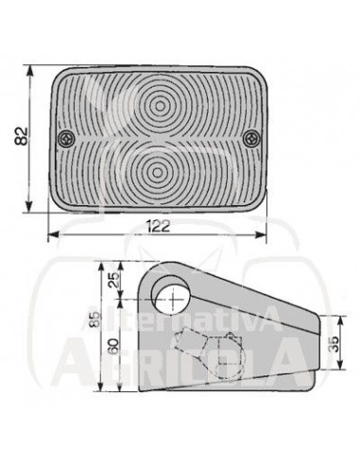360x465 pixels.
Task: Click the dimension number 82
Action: tap(22, 136)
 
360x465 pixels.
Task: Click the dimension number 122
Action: tap(159, 226)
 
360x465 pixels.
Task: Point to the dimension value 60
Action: tap(113, 346)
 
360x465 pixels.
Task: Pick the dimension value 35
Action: tap(334, 344)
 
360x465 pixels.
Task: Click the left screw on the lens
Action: tap(66, 138)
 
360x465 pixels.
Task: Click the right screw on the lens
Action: tap(251, 138)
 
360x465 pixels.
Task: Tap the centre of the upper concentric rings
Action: tap(160, 107)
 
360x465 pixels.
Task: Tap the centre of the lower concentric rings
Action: tap(157, 173)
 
